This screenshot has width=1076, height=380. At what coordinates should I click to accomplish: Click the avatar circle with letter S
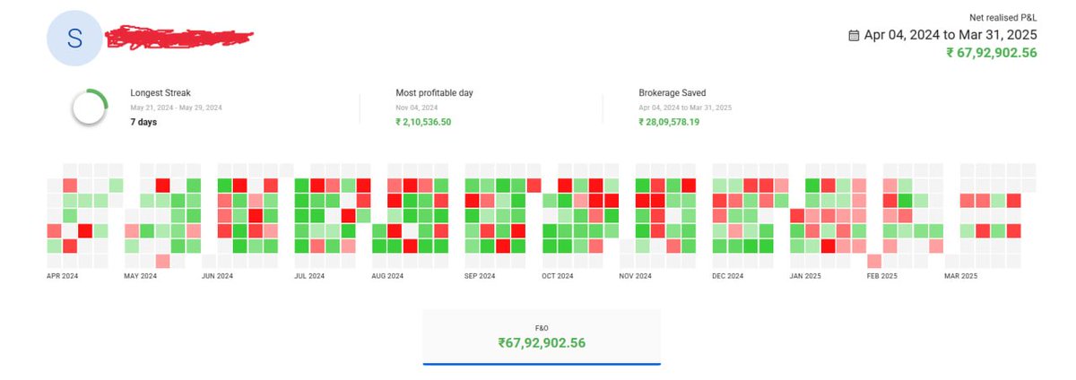(74, 39)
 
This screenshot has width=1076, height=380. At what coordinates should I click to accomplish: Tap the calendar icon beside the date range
(854, 35)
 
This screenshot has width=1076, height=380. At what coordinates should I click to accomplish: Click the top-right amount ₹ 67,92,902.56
(991, 52)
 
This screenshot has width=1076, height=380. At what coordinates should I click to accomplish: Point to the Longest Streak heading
(161, 92)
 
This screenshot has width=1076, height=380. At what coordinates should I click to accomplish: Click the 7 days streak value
(143, 122)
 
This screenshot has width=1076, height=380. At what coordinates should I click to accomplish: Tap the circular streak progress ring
(91, 108)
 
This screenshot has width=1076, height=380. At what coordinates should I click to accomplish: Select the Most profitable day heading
(434, 92)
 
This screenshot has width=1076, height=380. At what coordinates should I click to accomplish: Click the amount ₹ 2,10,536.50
(423, 122)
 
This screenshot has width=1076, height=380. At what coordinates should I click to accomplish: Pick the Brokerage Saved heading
(672, 92)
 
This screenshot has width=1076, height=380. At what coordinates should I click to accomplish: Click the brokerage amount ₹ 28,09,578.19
(669, 122)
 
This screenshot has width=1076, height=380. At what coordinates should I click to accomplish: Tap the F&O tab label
(542, 329)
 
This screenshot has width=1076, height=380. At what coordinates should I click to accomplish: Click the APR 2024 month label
(64, 277)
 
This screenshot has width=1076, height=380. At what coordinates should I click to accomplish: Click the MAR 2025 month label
(960, 277)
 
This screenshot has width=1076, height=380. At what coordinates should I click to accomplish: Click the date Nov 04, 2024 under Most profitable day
(416, 107)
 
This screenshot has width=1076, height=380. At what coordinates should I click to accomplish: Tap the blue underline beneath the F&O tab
(542, 364)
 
